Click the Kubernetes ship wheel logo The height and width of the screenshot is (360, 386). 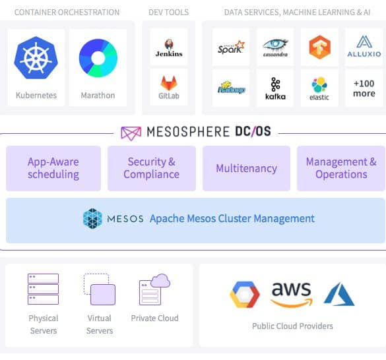click(36, 58)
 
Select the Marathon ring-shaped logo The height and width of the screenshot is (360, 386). click(98, 58)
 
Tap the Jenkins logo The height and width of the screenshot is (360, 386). click(169, 48)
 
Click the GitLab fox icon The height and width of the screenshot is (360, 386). click(169, 84)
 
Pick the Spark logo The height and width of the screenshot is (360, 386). click(231, 47)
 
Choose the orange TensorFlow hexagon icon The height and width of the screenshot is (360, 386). click(319, 47)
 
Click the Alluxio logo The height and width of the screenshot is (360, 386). click(364, 47)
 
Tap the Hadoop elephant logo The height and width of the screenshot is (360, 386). click(231, 88)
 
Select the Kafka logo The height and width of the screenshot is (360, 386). click(275, 88)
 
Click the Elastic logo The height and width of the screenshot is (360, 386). click(319, 89)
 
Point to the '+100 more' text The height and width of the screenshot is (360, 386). click(364, 88)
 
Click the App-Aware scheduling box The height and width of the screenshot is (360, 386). click(53, 168)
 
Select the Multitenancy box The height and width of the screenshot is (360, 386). click(246, 168)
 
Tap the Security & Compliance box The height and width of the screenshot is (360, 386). click(152, 168)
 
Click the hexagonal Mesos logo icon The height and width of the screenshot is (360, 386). click(92, 218)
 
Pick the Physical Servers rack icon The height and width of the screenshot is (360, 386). click(43, 289)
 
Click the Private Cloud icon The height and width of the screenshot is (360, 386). click(154, 289)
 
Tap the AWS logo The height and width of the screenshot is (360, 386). click(292, 295)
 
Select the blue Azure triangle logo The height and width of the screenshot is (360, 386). click(339, 294)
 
